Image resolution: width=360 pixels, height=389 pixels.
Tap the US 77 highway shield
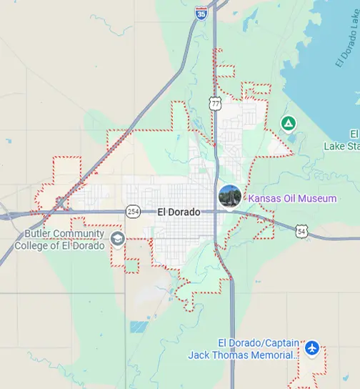coord(216,104)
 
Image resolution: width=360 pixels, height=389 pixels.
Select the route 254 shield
coord(133,211)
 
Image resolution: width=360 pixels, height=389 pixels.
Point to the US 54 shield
coord(301,231)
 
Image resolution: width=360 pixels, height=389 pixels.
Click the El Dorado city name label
coord(179,212)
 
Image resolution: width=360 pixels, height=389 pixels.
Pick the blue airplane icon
coord(311,348)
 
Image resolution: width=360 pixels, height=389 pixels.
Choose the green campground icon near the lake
coord(288,124)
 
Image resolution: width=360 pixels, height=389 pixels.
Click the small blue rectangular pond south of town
coord(139,327)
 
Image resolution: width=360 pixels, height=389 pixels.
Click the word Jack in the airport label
coord(200,355)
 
